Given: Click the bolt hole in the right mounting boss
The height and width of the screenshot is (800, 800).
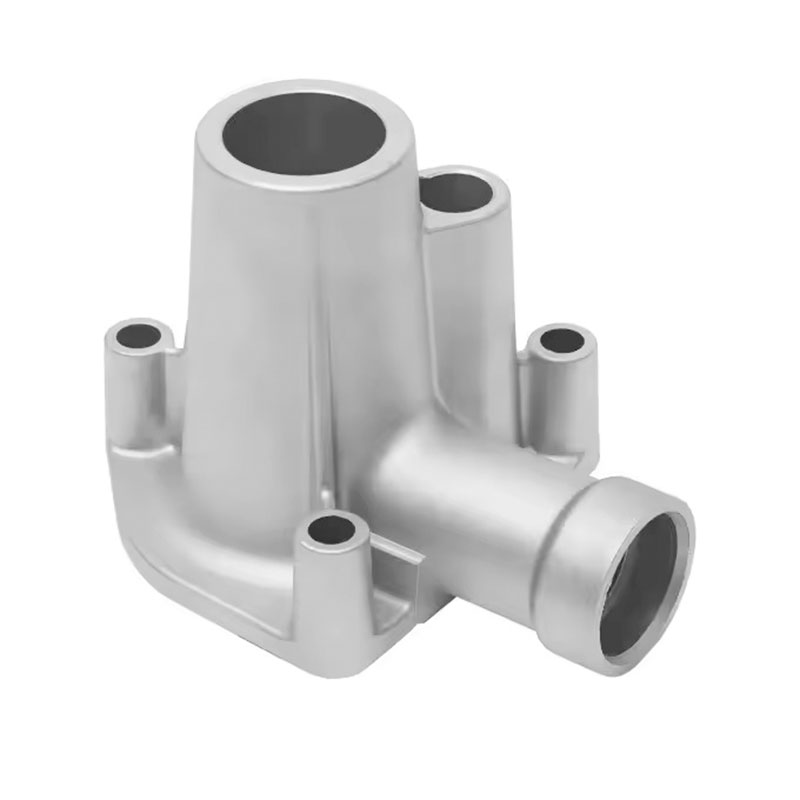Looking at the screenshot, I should tap(561, 340).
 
